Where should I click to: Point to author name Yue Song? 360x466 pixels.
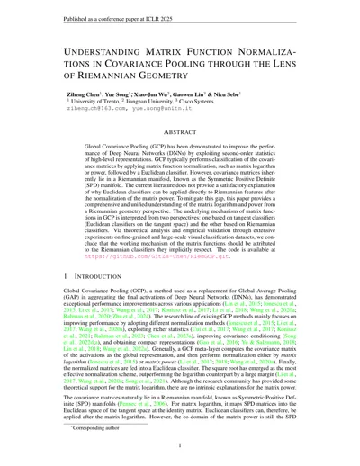(x=113, y=93)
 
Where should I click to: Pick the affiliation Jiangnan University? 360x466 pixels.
(x=151, y=101)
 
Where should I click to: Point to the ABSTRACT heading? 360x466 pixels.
(x=180, y=132)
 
